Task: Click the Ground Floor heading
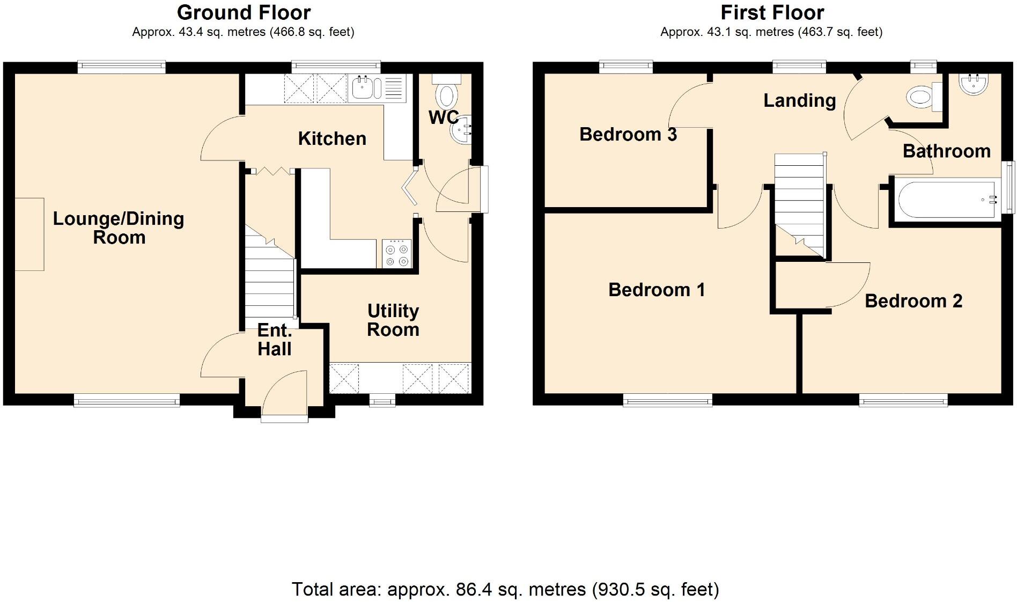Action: pos(244,12)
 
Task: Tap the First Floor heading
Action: pos(772,12)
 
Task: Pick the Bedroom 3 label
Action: pos(628,134)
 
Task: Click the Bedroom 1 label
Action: pos(656,290)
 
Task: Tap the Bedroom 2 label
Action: pos(913,301)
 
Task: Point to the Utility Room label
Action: pos(393,320)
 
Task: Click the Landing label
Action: pos(799,100)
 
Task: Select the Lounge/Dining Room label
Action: pos(119,227)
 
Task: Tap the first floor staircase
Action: pos(798,204)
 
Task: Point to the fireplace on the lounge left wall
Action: pos(29,234)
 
